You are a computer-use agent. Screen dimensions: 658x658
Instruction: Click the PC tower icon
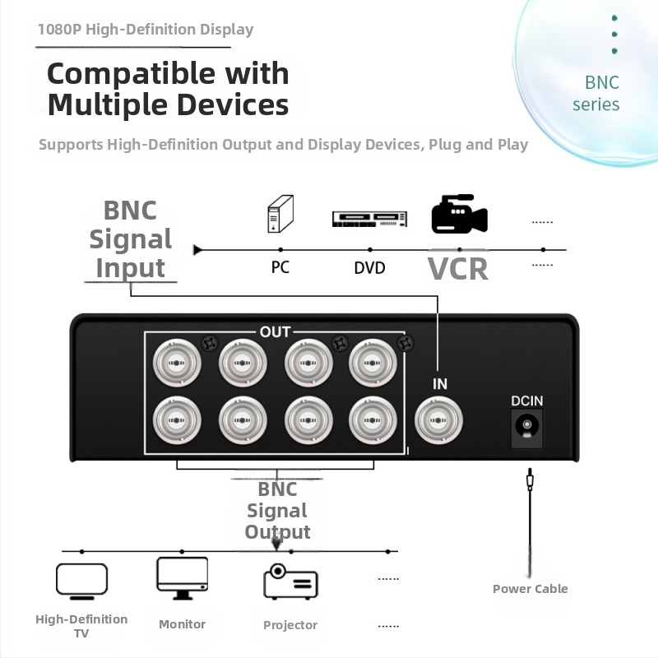280,214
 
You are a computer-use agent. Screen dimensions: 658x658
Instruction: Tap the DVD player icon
369,219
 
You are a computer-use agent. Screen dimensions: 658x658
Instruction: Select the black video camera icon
459,215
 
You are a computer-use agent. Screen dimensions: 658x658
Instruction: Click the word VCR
458,268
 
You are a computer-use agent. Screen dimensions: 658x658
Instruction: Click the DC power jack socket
526,427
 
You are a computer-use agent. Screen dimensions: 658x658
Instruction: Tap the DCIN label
526,401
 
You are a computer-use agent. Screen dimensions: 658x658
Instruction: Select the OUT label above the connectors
275,332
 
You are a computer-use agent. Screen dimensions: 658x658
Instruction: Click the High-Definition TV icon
81,580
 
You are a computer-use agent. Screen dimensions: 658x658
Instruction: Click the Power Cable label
530,588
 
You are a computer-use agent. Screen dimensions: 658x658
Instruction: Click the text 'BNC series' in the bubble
596,93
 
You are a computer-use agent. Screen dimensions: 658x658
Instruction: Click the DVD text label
369,268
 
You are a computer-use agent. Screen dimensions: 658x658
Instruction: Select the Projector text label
290,625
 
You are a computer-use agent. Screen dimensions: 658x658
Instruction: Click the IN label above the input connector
439,384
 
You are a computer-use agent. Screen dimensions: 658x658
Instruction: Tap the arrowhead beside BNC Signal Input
197,249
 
